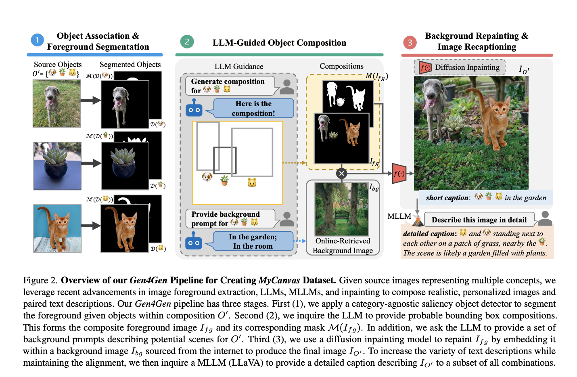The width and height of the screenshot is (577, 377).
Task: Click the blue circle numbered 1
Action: coord(37,40)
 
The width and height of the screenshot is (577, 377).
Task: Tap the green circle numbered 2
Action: coord(187,42)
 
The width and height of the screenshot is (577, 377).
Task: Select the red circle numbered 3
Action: coord(410,42)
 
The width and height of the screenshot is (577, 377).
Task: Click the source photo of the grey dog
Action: coord(57,103)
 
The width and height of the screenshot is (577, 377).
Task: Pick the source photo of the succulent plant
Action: coord(57,166)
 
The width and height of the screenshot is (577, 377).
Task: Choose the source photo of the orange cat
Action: coord(57,228)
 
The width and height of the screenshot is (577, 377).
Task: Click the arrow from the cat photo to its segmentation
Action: coord(91,226)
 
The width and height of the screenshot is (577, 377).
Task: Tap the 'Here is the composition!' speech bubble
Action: coord(253,109)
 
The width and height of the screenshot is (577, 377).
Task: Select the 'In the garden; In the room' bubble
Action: coord(253,241)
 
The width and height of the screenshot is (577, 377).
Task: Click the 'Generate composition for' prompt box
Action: coord(230,86)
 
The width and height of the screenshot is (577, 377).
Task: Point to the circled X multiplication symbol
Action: coord(341,174)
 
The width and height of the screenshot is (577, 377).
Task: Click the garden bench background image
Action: coord(341,209)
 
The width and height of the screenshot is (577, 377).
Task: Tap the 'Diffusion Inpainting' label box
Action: coord(460,67)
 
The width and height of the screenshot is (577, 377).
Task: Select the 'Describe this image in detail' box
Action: coord(479,220)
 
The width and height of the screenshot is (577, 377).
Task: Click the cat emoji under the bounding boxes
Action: coord(252,183)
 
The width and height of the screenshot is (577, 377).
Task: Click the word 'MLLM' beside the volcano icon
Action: coord(399,216)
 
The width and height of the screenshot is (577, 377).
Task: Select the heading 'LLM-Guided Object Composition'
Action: coord(279,43)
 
